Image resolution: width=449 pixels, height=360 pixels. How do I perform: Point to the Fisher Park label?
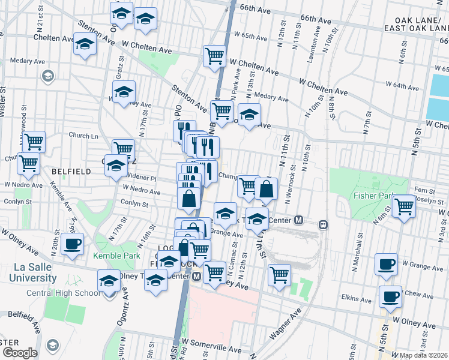tap(373, 196)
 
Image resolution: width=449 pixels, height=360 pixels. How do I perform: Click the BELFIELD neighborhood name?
tap(71, 171)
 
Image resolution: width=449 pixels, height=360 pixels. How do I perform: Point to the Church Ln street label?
tap(83, 136)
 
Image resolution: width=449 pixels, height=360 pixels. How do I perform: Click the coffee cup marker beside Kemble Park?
tap(73, 244)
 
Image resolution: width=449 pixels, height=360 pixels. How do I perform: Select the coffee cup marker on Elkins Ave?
tap(391, 296)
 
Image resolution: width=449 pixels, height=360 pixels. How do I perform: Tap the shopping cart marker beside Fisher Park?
tap(404, 206)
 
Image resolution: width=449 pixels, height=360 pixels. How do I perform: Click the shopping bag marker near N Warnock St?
tap(266, 190)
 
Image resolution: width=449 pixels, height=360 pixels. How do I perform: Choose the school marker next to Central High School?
tap(109, 281)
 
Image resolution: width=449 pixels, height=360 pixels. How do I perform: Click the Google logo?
tap(19, 353)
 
